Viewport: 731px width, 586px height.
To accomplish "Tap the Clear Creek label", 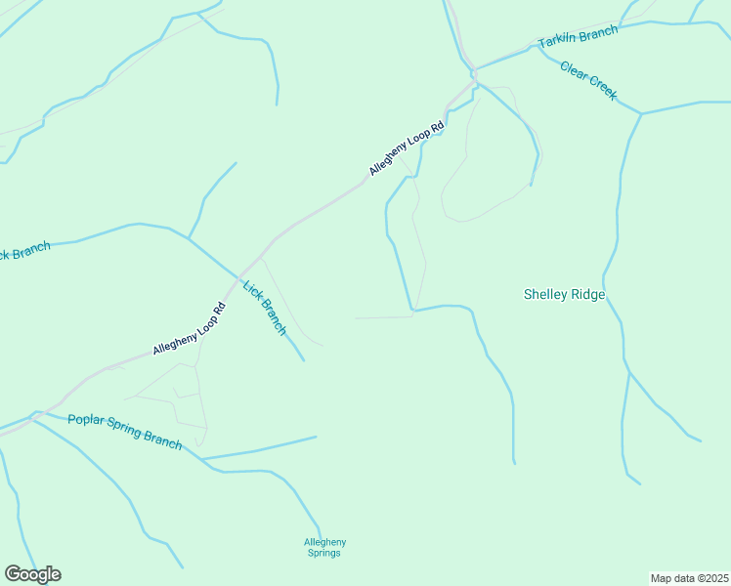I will pos(588,81).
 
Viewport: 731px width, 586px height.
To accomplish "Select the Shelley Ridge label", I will pos(564,294).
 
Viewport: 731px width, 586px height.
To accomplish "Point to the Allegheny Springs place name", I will pos(324,548).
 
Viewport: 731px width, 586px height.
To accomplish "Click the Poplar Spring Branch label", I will pos(125,431).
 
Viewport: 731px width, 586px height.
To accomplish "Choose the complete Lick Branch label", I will pos(265,309).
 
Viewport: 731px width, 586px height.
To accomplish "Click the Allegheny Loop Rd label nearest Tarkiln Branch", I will pos(407,148).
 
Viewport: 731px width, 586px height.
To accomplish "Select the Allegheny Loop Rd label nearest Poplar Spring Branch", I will pos(190,329).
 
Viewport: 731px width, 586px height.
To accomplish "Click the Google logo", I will pos(32,574).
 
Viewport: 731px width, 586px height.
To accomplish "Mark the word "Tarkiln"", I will pos(557,42).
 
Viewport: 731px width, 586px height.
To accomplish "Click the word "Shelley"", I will pos(544,294).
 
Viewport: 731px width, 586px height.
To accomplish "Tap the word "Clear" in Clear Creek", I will pos(574,71).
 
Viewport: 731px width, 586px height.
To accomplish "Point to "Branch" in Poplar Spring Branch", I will pos(162,440).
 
